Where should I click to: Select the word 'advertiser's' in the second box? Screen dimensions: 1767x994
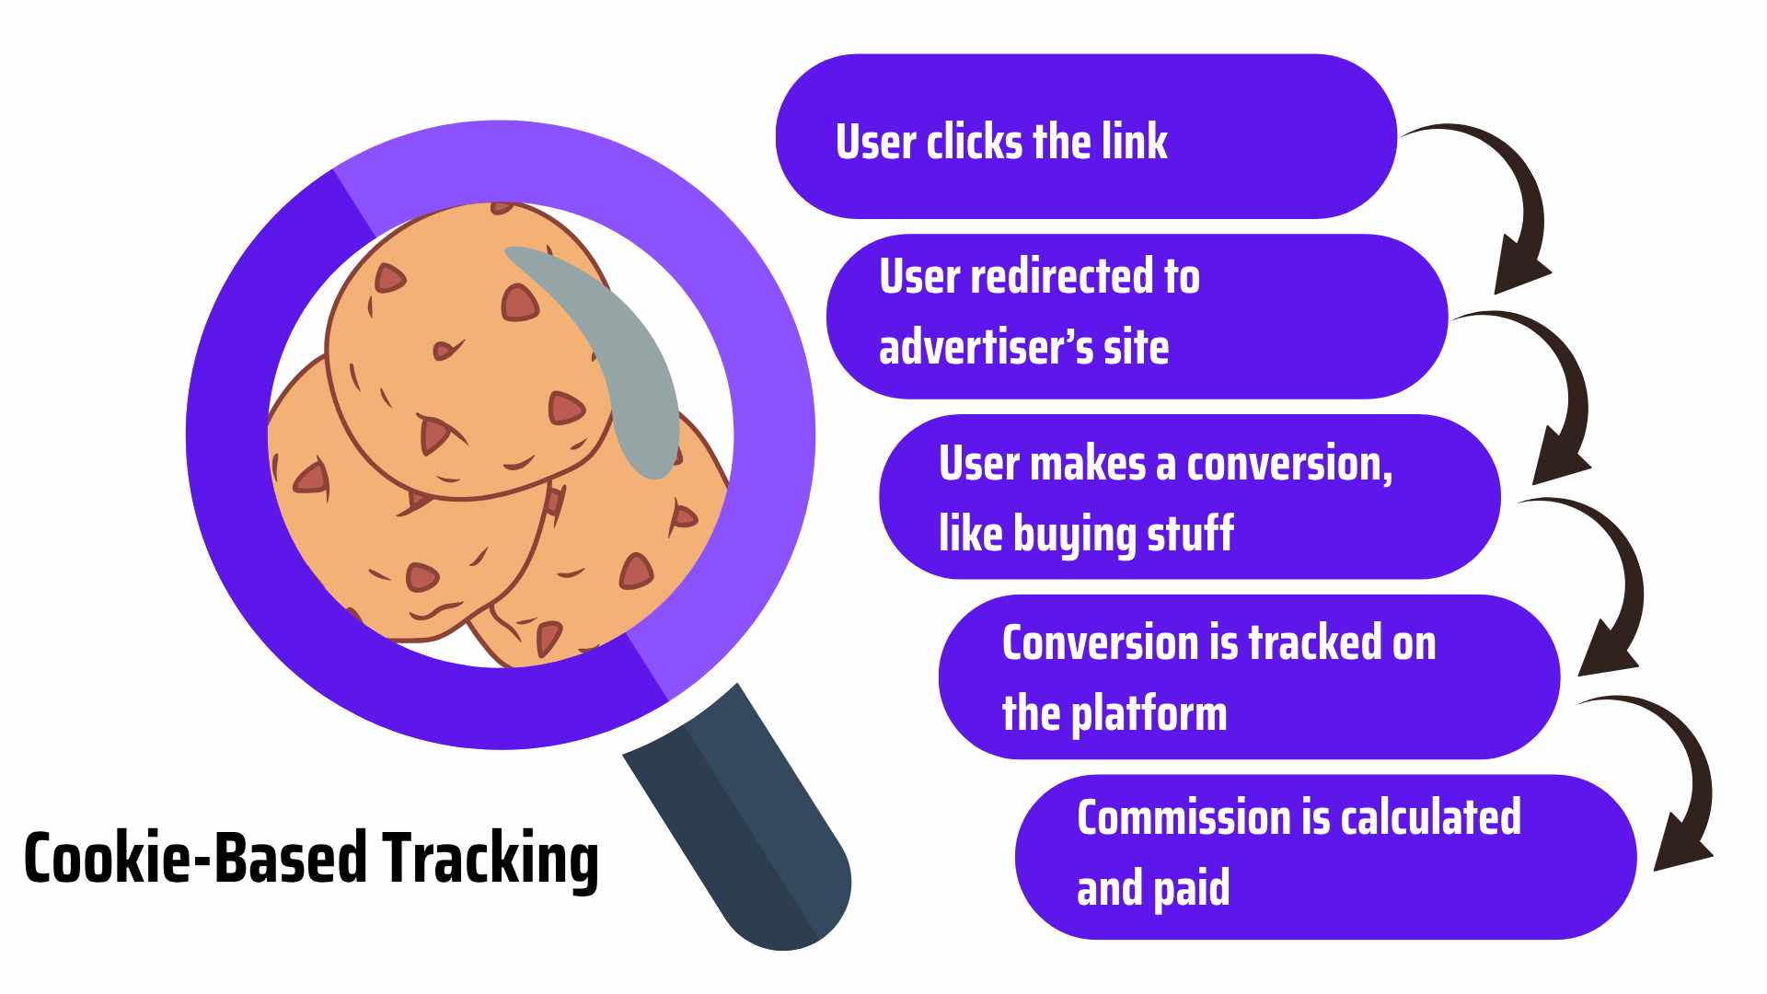coord(986,347)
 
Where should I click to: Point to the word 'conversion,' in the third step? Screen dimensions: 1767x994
coord(1289,464)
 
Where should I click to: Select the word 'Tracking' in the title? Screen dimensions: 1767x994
coord(491,859)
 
